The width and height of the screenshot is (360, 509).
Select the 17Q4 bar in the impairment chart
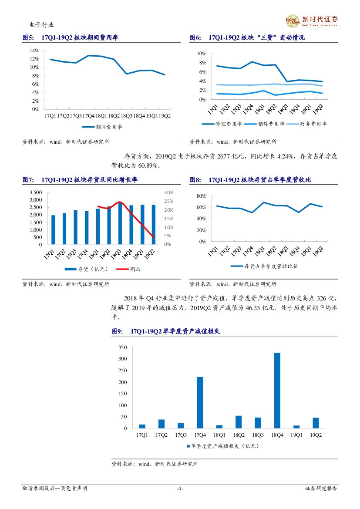tap(200, 402)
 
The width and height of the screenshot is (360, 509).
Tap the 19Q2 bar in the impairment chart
tap(316, 423)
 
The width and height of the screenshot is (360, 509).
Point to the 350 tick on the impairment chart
tap(122, 347)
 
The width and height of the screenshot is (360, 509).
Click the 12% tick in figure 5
tap(34, 59)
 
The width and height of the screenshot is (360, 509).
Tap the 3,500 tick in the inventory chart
tap(36, 192)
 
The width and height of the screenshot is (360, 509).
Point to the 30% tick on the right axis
tap(169, 192)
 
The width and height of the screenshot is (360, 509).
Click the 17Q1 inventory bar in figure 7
tap(53, 230)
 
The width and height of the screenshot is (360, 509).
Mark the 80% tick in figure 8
tap(201, 196)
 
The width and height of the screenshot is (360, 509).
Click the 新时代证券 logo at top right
tap(311, 20)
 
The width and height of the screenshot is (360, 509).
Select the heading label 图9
tap(117, 332)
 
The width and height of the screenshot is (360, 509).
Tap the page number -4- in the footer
tap(180, 489)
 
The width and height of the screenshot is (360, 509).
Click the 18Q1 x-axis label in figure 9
tap(219, 435)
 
